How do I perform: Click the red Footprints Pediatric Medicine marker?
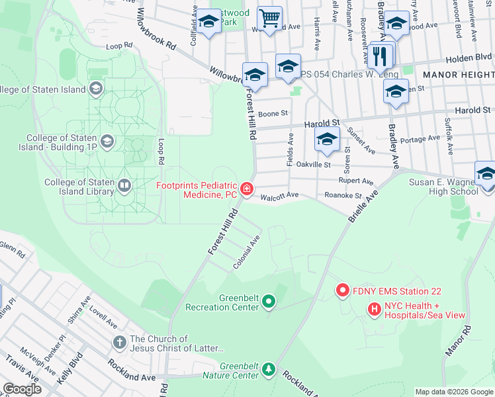point(246,190)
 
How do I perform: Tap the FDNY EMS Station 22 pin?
point(342,290)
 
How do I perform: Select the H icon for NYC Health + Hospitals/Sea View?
point(374,308)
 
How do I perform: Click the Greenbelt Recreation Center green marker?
point(268,302)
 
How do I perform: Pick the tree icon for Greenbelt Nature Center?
point(268,369)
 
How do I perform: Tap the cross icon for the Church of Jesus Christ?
point(119,342)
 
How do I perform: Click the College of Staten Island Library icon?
point(124,187)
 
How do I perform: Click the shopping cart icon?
point(269,19)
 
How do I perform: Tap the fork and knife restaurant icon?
point(380,56)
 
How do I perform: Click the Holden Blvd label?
point(469,58)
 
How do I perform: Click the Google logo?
point(22,389)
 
